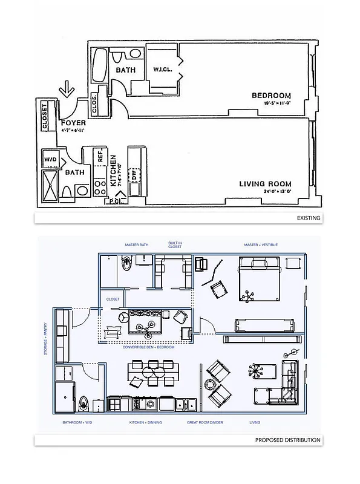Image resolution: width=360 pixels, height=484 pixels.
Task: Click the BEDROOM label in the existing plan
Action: coord(271,96)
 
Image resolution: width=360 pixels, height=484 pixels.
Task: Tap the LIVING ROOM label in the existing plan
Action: coord(266,183)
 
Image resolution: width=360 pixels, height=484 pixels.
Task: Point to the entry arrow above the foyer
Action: coord(67,91)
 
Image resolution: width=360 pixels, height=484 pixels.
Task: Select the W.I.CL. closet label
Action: coord(161,68)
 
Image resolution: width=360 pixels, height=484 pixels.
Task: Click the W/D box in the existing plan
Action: coord(50,159)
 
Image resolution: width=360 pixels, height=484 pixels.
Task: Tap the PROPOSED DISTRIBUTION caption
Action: coord(287,440)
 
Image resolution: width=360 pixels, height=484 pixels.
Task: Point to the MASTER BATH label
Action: coord(137,244)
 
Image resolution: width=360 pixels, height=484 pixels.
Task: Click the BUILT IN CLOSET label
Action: coord(175,244)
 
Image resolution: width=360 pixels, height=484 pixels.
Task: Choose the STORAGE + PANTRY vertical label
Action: coord(45,338)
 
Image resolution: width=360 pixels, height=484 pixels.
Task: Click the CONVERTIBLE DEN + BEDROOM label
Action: coord(148,347)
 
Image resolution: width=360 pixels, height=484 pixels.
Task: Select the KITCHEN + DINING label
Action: coord(145,422)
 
